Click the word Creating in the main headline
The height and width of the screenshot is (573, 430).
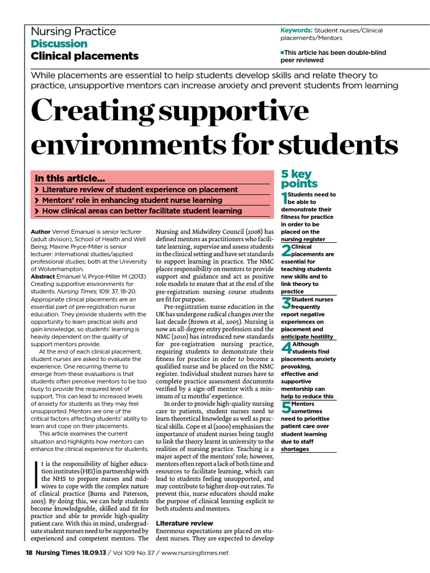pos(94,111)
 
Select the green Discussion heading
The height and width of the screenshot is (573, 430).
pos(59,44)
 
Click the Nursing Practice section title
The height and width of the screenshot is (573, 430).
pos(73,31)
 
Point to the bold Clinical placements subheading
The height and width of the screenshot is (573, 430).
pos(85,56)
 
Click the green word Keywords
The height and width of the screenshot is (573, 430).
pos(296,30)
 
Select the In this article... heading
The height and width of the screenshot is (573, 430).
pos(70,179)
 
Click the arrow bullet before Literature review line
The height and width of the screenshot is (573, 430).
pos(37,190)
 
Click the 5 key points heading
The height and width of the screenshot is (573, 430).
pos(299,179)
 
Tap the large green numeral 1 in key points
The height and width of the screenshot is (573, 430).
pos(286,197)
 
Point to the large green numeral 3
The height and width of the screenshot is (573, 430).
pos(286,303)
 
